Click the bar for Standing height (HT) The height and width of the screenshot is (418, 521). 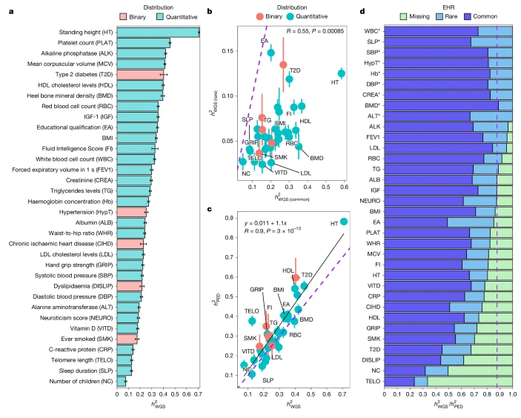point(158,32)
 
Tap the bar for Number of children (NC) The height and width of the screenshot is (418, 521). point(122,382)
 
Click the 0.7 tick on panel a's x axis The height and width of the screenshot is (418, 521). point(199,395)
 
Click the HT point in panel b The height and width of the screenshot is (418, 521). point(341,73)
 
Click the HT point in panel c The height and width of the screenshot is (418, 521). point(344,222)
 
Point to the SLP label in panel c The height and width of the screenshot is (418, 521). point(268,379)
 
